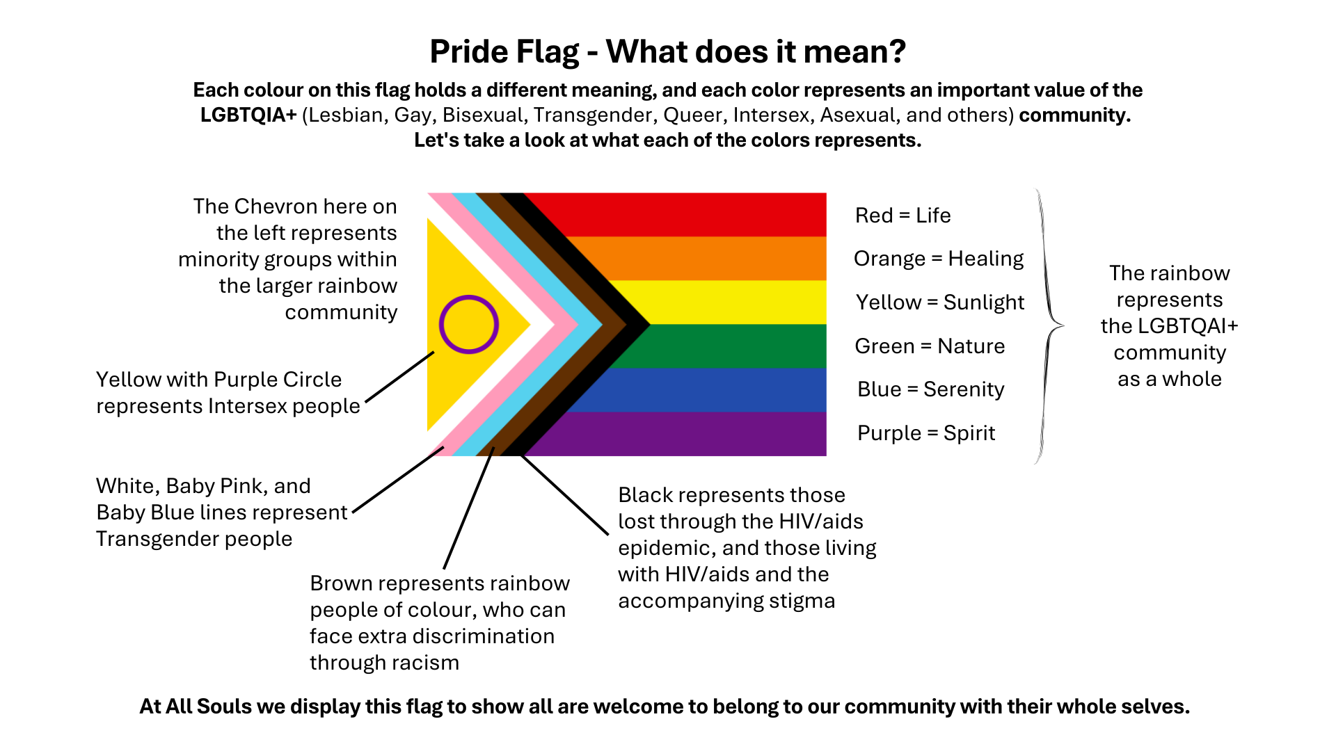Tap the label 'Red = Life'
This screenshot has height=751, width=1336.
pyautogui.click(x=902, y=216)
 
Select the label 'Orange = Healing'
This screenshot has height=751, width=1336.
pyautogui.click(x=938, y=259)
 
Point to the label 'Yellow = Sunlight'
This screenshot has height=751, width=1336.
pyautogui.click(x=939, y=302)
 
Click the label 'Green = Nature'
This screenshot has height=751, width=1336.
pyautogui.click(x=930, y=346)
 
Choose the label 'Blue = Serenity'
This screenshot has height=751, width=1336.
pyautogui.click(x=930, y=389)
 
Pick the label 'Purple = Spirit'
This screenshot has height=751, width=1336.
pyautogui.click(x=926, y=433)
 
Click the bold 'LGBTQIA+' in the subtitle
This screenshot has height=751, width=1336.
pyautogui.click(x=248, y=115)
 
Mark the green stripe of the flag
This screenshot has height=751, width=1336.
pyautogui.click(x=731, y=346)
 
